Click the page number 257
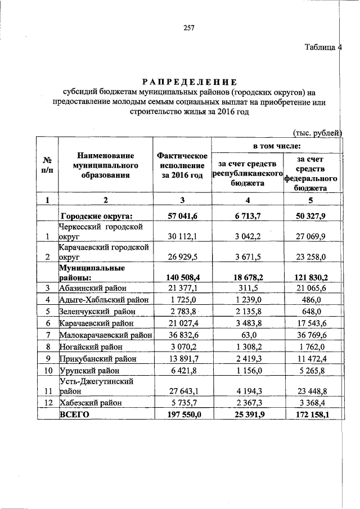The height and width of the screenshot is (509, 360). [188, 29]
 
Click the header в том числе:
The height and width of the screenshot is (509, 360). [277, 146]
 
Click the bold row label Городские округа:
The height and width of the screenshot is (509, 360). [96, 215]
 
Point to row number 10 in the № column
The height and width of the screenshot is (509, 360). [48, 371]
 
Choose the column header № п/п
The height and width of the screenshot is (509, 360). [48, 166]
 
